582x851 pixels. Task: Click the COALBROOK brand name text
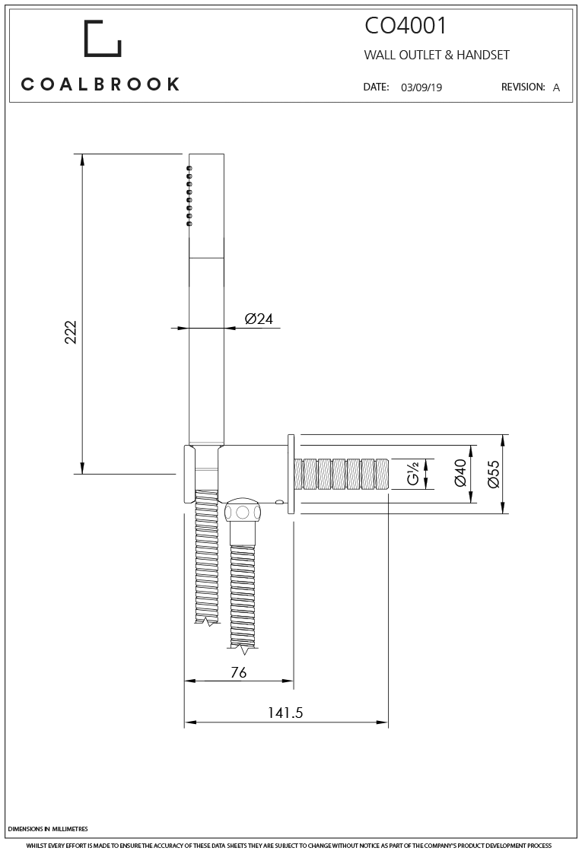coord(100,84)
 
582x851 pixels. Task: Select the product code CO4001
coord(405,27)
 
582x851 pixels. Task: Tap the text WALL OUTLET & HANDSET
coord(437,56)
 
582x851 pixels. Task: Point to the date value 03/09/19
coord(421,87)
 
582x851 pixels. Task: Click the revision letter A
coord(556,87)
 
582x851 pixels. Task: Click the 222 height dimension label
coord(71,332)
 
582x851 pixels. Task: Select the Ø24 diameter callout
coord(259,319)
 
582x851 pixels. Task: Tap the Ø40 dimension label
coord(460,474)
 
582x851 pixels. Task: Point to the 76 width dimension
coord(237,672)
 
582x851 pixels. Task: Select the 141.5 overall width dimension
coord(285,713)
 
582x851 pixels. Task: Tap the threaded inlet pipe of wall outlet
coord(342,475)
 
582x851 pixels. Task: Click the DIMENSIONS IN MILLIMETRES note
coord(48,828)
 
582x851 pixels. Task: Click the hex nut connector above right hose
coord(244,512)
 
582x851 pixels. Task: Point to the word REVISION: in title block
coord(523,87)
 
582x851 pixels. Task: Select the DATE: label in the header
coord(377,87)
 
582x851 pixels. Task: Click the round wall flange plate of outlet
coord(291,475)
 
